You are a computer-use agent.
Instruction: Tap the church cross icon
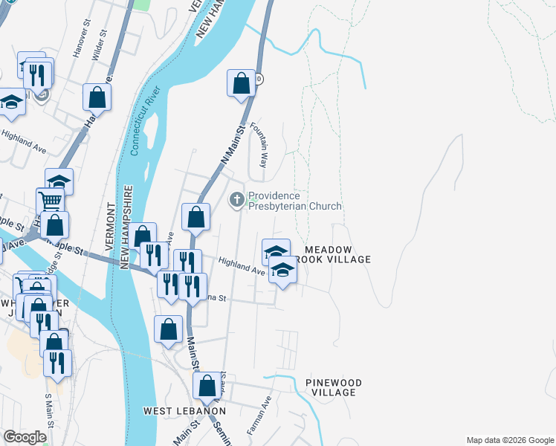point(237,198)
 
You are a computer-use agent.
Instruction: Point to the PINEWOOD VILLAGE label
point(334,387)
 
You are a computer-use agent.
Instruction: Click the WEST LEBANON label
point(184,411)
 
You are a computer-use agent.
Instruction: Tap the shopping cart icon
point(49,199)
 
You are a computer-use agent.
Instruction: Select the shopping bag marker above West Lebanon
point(207,385)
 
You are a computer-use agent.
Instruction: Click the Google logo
point(24,437)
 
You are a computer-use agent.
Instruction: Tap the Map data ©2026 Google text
point(509,440)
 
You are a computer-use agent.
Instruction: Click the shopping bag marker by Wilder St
point(97,96)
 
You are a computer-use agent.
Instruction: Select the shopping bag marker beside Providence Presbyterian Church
point(195,217)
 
